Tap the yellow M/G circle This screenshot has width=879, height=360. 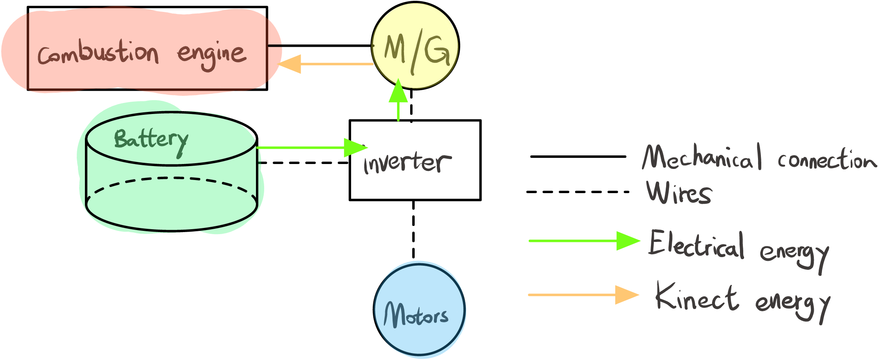(x=415, y=46)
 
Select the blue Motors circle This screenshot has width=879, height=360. (x=419, y=310)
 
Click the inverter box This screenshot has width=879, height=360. (x=415, y=160)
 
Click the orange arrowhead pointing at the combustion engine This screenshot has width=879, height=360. (x=290, y=64)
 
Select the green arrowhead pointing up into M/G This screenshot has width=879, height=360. (x=398, y=91)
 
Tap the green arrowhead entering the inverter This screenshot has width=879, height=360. (x=354, y=148)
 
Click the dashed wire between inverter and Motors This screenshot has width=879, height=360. (x=413, y=230)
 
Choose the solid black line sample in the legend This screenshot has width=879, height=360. (x=578, y=156)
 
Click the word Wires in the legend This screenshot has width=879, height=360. (x=679, y=193)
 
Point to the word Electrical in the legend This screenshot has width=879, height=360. (x=696, y=245)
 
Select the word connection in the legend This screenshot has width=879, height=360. (x=827, y=160)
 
